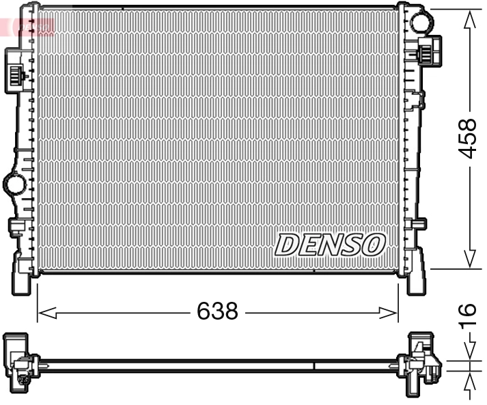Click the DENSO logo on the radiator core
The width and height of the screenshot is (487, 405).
point(331,244)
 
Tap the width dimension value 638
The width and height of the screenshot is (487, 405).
point(217,311)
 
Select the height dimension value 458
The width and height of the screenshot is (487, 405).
point(467,139)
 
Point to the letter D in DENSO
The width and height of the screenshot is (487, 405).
point(286,245)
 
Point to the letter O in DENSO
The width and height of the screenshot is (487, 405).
point(374,244)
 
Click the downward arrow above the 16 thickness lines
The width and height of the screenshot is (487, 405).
point(469,351)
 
